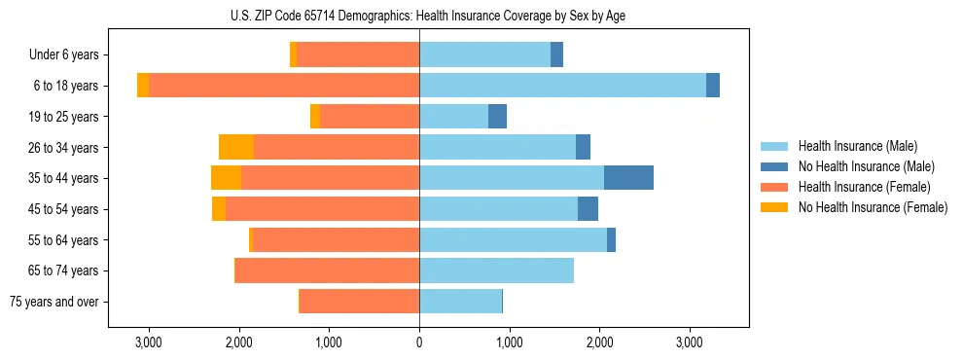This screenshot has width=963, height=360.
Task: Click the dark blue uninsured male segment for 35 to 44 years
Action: [628, 178]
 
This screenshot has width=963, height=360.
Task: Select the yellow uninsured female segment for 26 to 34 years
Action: [236, 147]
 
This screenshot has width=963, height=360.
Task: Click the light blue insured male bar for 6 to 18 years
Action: [562, 86]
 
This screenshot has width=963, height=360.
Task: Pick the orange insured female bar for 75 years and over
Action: [359, 302]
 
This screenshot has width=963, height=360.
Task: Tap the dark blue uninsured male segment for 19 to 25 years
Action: [497, 117]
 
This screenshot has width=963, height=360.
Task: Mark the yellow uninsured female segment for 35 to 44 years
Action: [226, 178]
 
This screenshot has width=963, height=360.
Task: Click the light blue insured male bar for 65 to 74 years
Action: [496, 270]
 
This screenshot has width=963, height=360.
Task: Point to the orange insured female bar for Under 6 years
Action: [358, 55]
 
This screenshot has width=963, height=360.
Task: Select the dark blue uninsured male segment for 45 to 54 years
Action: [588, 209]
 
